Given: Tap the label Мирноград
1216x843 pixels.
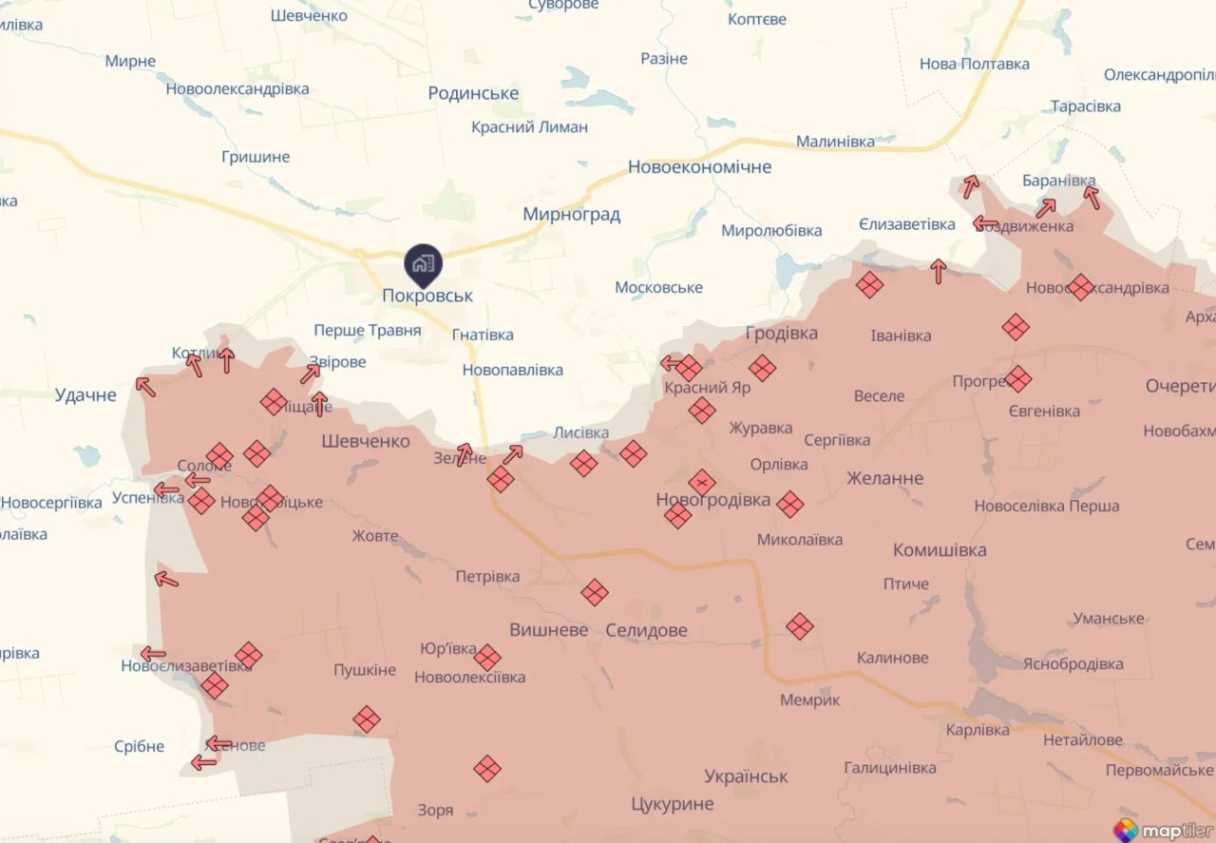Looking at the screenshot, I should (571, 215).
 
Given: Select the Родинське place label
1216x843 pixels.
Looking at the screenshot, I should (473, 93).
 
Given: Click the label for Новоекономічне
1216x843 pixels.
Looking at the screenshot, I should (699, 167).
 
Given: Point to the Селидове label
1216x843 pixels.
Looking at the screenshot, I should (646, 630).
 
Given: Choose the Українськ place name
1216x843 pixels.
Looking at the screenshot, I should (746, 776).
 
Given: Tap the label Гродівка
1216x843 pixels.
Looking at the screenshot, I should (781, 334).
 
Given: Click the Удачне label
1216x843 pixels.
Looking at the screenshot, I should (85, 395).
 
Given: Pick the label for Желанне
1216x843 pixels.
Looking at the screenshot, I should (884, 478).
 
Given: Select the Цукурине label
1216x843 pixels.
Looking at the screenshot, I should (672, 804).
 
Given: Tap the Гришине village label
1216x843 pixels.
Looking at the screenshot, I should (256, 157).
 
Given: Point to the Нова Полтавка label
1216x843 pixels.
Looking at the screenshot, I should (974, 65).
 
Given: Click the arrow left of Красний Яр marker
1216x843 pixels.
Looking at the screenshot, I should (672, 363).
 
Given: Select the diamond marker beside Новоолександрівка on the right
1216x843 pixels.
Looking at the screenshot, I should (1080, 286).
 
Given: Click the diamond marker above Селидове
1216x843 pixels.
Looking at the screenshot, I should (595, 593).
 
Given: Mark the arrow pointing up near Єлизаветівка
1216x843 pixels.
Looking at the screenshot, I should (939, 271).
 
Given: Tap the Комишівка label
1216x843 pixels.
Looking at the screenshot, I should (939, 550).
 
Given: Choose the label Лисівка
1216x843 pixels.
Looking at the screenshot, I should (580, 433).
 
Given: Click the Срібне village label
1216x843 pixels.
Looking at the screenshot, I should (139, 747).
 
